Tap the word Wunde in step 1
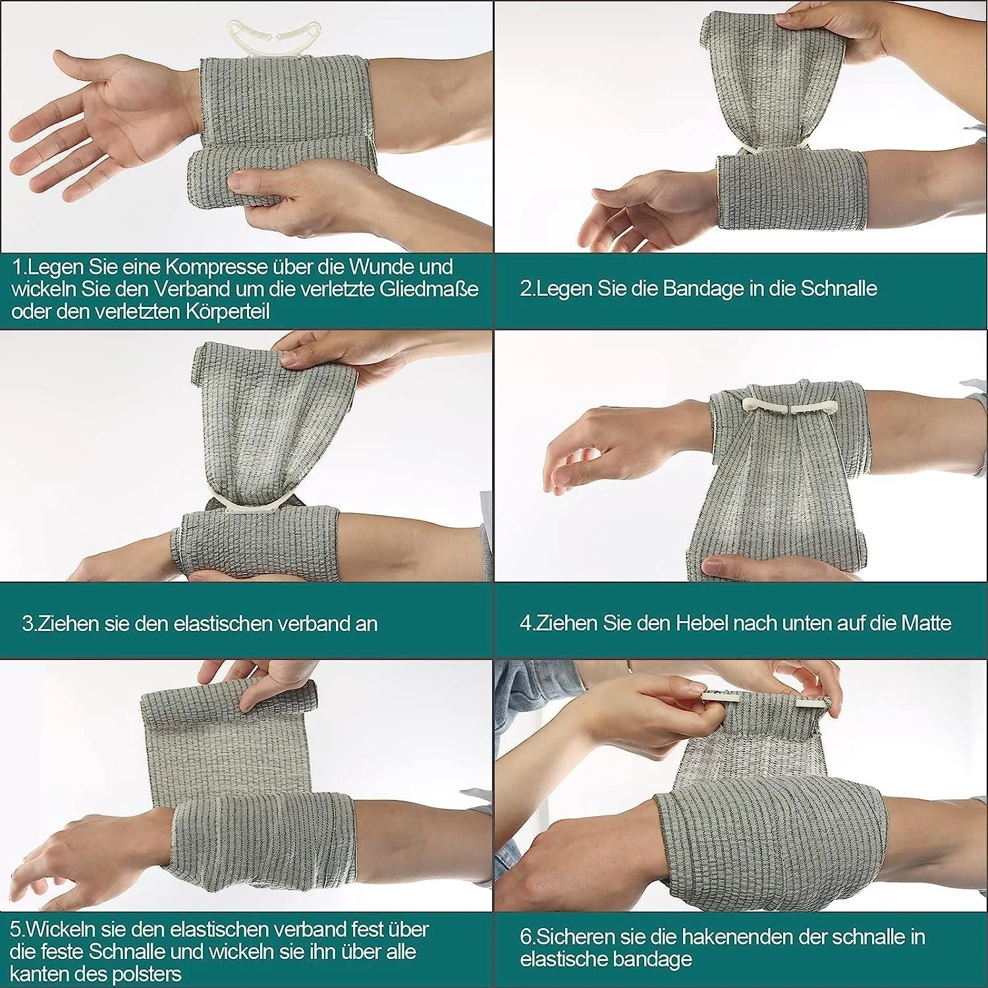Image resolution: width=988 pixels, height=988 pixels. coord(383,267)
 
